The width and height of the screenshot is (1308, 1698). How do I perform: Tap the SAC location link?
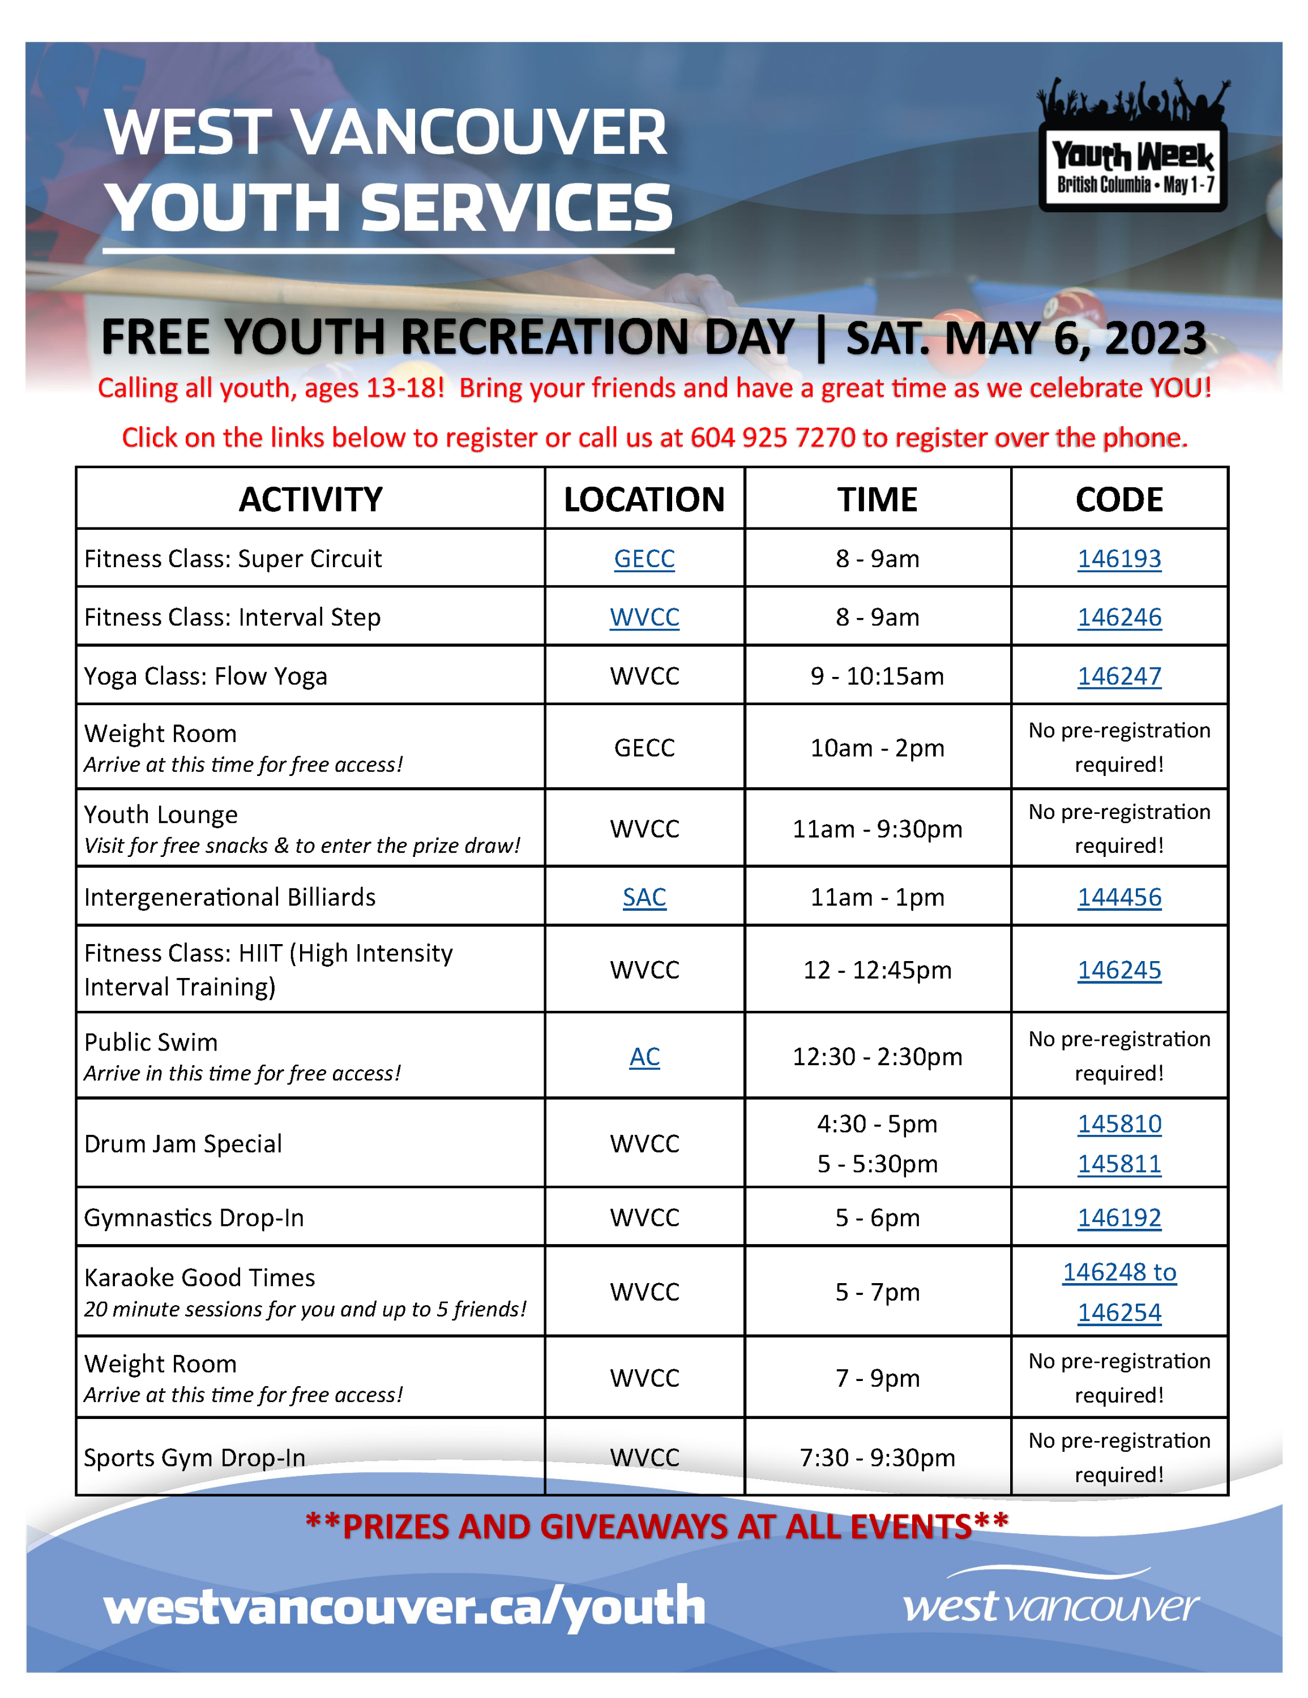pos(644,897)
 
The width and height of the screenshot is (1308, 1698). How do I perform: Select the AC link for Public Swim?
pos(644,1057)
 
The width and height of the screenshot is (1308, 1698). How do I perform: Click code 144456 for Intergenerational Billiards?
pos(1118,897)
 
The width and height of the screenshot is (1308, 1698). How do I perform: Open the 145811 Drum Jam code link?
pos(1118,1164)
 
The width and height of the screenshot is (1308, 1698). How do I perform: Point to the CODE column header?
pos(1118,499)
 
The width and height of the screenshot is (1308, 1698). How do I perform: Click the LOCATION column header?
pos(644,499)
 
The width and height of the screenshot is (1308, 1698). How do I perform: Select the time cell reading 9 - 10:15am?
pos(877,676)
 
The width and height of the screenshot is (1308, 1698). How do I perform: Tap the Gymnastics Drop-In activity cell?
pos(194,1217)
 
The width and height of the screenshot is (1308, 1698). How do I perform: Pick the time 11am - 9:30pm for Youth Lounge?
pos(877,829)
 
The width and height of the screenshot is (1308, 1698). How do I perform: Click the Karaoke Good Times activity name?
pos(200,1277)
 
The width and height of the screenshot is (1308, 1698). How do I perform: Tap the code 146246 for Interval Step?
pos(1118,618)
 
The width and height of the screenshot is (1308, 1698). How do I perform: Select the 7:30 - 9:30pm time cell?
pos(877,1457)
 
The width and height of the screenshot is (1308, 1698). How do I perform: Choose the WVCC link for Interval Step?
pos(644,618)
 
